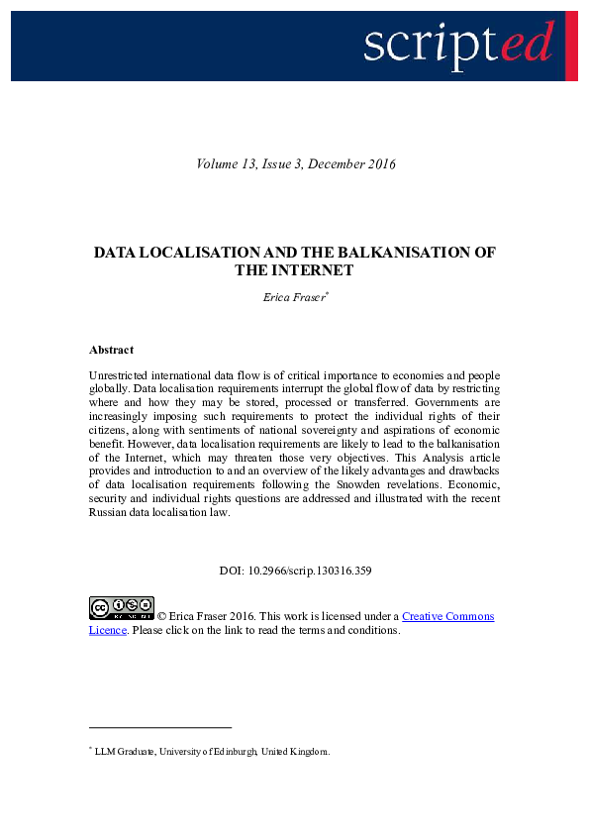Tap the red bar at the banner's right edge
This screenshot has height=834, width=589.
[571, 46]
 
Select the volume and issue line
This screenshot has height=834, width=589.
[296, 163]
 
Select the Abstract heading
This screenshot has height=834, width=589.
[111, 350]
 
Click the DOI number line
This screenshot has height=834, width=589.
[295, 571]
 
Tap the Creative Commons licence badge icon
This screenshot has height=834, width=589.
[122, 608]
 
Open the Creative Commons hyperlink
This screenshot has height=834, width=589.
[447, 616]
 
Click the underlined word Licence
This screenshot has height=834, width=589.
[108, 630]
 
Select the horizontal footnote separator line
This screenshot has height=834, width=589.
[160, 726]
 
